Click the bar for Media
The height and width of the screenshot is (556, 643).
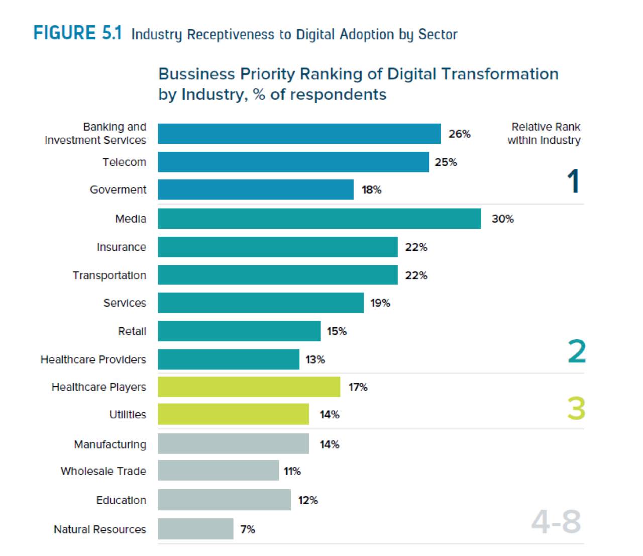pyautogui.click(x=319, y=219)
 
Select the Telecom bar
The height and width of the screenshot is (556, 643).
pyautogui.click(x=293, y=162)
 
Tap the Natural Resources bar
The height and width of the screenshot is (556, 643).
pyautogui.click(x=195, y=529)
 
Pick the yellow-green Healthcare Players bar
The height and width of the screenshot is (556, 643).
pyautogui.click(x=249, y=387)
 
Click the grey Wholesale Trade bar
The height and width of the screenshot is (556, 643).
pyautogui.click(x=218, y=471)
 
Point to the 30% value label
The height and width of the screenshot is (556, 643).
pyautogui.click(x=502, y=219)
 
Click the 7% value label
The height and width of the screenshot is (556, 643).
pyautogui.click(x=248, y=529)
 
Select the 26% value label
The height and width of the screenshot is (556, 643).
pyautogui.click(x=459, y=134)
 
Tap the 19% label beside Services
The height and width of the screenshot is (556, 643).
pyautogui.click(x=380, y=303)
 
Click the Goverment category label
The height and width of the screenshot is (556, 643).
pyautogui.click(x=118, y=190)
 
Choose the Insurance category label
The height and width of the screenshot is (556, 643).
pyautogui.click(x=121, y=247)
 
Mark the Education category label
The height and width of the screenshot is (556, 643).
pyautogui.click(x=121, y=500)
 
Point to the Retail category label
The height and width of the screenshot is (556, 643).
pyautogui.click(x=132, y=331)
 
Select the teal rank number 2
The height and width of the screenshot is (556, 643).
pyautogui.click(x=577, y=351)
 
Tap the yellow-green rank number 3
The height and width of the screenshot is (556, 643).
pyautogui.click(x=576, y=408)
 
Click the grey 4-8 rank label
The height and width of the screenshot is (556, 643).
pyautogui.click(x=556, y=522)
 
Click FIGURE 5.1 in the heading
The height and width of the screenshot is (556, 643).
pyautogui.click(x=77, y=33)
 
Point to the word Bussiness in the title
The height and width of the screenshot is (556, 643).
pyautogui.click(x=197, y=74)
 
